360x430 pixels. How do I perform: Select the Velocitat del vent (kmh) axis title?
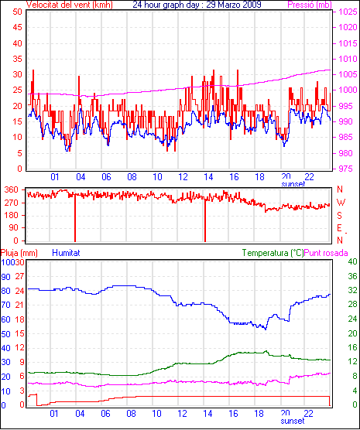(70, 5)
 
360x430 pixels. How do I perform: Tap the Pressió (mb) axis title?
(310, 5)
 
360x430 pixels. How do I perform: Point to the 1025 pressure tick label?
(348, 12)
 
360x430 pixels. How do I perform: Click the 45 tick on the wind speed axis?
(17, 27)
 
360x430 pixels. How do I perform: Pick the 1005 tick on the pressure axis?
(348, 74)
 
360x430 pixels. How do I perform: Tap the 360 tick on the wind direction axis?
(12, 189)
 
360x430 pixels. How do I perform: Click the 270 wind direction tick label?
(12, 203)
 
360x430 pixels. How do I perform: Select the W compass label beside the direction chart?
(341, 203)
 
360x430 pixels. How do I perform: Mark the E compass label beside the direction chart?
(340, 228)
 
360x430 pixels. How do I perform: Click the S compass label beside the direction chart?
(340, 216)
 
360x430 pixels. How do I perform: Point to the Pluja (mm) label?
(19, 253)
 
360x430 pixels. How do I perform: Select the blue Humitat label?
(66, 253)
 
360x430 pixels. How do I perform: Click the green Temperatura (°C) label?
(273, 253)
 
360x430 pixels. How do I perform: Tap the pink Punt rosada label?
(326, 253)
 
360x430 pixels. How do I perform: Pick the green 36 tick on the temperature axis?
(352, 276)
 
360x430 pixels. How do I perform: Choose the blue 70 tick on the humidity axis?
(5, 305)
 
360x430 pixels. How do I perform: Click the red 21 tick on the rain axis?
(19, 305)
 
